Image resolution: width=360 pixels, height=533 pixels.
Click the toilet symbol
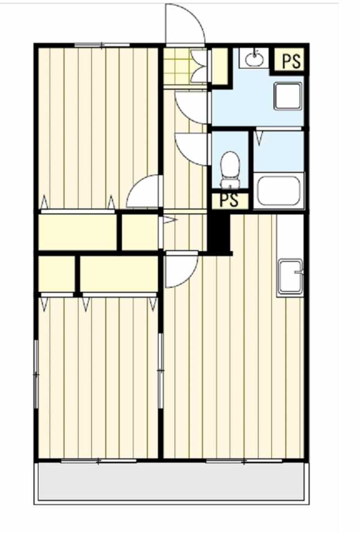click(230, 170)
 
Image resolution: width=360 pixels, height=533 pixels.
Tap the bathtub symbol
click(278, 191)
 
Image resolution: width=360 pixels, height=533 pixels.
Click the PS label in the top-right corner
click(291, 61)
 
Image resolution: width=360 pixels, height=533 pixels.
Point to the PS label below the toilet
click(229, 201)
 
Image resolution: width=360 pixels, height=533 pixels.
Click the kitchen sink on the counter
click(290, 276)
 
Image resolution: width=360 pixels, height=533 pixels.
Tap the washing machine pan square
click(288, 96)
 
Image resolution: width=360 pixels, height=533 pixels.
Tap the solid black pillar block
click(219, 234)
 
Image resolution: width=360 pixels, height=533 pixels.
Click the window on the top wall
click(102, 44)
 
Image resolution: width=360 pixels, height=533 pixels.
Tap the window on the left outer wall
click(35, 374)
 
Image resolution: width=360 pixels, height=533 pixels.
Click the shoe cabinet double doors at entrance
click(199, 66)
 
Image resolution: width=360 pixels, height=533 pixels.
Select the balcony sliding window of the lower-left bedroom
click(98, 461)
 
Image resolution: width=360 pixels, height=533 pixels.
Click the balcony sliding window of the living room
click(244, 461)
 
